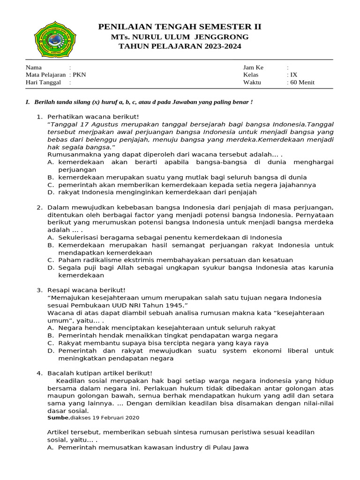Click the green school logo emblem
(x=53, y=38)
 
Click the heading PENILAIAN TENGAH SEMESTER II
(x=180, y=26)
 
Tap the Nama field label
(x=33, y=67)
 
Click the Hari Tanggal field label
(x=43, y=82)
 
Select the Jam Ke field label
(x=253, y=67)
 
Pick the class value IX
(x=293, y=75)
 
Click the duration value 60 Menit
(x=302, y=82)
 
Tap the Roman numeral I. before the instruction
(x=28, y=102)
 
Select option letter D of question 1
(x=51, y=192)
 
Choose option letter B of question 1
(x=50, y=177)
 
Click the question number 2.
(x=39, y=207)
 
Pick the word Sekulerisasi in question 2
(x=78, y=237)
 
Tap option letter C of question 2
(x=50, y=260)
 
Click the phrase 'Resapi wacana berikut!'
(x=87, y=290)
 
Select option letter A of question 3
(x=50, y=328)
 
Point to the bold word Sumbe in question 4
(x=58, y=418)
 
